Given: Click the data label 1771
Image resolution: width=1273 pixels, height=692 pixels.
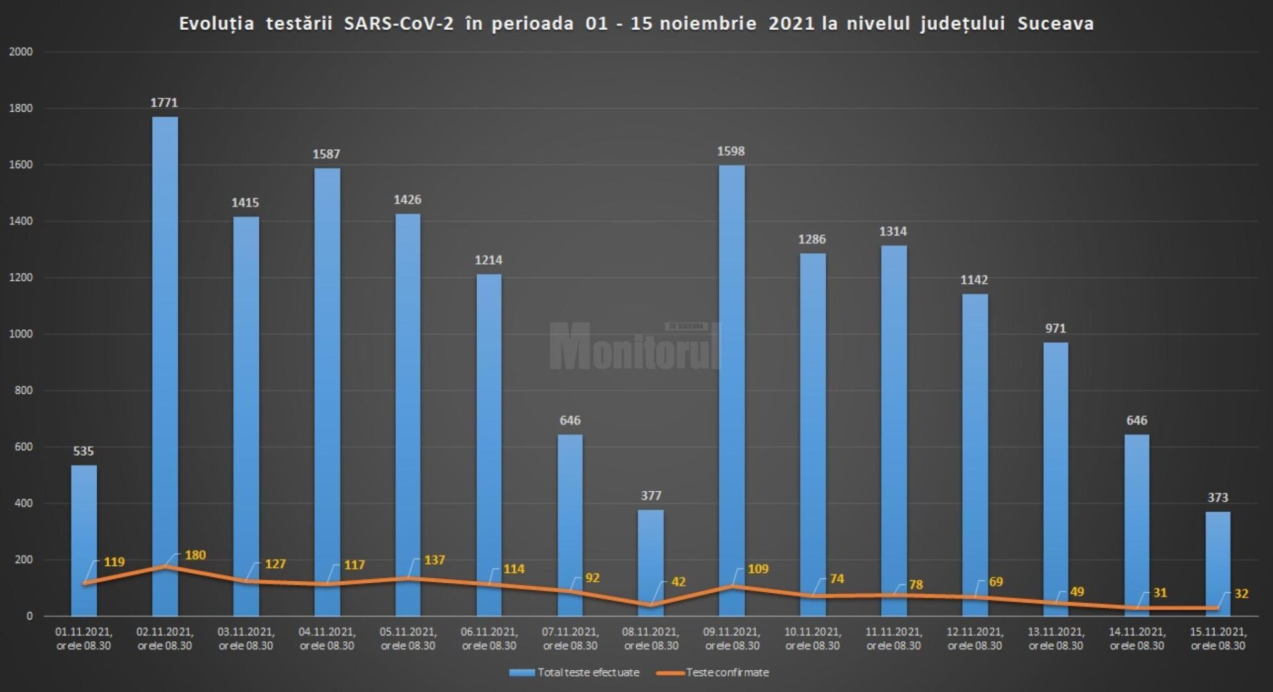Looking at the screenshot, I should click(164, 103).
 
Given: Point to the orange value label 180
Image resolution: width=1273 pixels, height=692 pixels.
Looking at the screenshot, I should click(195, 555).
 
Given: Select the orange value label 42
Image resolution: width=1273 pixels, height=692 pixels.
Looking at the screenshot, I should click(678, 582).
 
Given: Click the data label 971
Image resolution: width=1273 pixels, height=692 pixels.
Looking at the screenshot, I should click(1056, 328).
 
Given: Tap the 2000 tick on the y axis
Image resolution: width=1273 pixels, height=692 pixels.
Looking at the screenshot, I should click(21, 52).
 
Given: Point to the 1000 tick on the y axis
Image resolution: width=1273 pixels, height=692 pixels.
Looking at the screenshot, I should click(21, 334).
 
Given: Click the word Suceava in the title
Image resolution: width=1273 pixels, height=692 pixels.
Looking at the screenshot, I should click(1056, 24).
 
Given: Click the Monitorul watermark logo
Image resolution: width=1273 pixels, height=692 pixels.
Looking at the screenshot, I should click(635, 346).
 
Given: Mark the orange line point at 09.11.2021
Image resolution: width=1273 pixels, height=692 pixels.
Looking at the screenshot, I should click(732, 587).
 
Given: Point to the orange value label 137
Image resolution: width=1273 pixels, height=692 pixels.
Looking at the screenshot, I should click(434, 561).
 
